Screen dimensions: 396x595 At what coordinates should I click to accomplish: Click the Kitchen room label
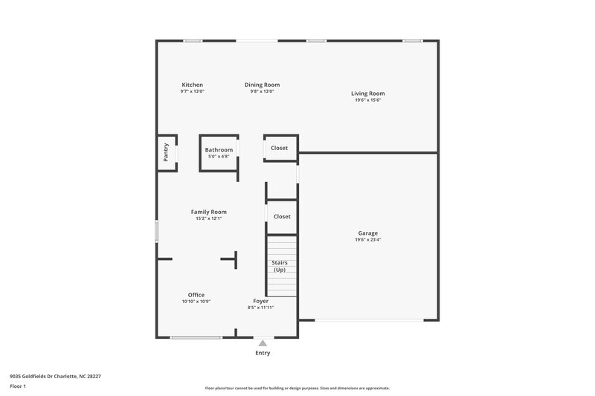[x=192, y=85]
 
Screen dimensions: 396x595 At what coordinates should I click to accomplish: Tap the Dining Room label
[x=262, y=85]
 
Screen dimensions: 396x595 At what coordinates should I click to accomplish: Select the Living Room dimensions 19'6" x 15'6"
[x=368, y=100]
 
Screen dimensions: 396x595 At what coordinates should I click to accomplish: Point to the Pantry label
[x=166, y=152]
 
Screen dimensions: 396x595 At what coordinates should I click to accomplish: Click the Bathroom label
[x=219, y=150]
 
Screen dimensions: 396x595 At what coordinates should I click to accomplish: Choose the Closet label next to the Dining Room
[x=280, y=148]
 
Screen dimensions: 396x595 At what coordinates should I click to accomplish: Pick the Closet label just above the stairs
[x=282, y=216]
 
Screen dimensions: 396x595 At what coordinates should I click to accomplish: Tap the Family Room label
[x=208, y=212]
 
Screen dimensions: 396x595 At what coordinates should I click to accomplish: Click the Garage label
[x=368, y=233]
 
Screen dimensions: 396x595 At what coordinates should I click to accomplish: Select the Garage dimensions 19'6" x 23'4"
[x=368, y=240]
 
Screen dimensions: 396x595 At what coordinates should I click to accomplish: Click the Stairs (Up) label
[x=280, y=266]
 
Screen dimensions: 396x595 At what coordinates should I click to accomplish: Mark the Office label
[x=196, y=295]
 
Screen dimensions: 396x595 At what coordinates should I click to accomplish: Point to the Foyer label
[x=261, y=301]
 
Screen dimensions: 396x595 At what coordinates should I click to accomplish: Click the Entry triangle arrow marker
[x=263, y=343]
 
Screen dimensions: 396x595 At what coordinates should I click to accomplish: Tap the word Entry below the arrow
[x=263, y=353]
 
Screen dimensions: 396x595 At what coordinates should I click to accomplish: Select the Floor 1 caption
[x=18, y=386]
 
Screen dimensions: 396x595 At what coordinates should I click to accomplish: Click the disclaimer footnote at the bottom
[x=297, y=388]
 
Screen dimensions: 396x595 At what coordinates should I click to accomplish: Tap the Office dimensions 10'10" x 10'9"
[x=196, y=302]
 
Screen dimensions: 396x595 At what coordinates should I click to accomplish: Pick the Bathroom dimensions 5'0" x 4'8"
[x=219, y=157]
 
